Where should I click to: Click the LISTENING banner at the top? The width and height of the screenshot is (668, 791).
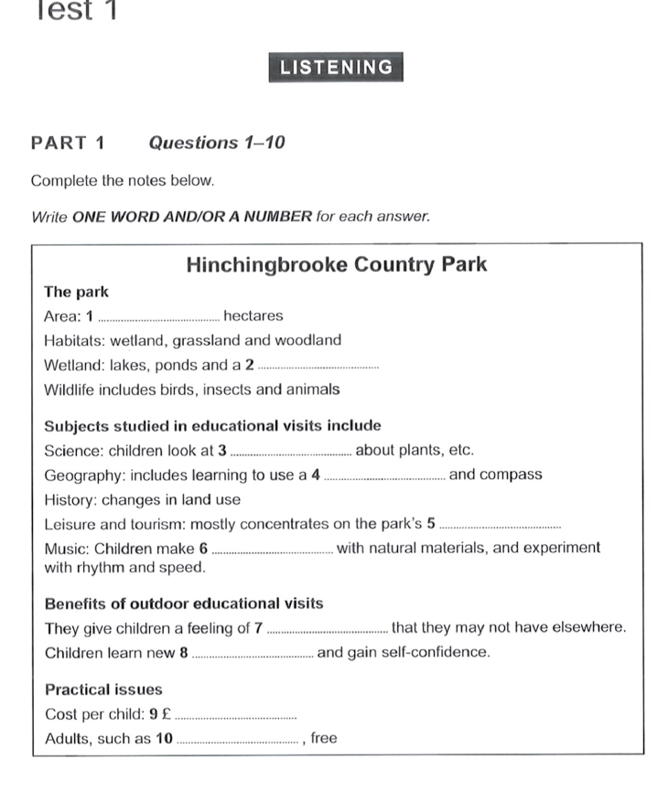coord(336,68)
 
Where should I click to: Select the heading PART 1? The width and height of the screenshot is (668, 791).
coord(68,143)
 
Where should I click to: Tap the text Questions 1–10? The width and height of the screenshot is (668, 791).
coord(217,143)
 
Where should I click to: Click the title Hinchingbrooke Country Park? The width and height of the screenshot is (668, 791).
coord(336,265)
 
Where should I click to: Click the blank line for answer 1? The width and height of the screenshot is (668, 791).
coord(157,318)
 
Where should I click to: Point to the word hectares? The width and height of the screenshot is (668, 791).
coord(253,316)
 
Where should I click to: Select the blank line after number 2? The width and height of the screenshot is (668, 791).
coord(318,367)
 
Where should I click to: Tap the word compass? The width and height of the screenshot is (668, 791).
coord(510,475)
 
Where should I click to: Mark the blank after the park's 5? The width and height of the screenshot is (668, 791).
coord(500,526)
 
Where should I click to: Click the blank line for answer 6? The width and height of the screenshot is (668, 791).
coord(272,550)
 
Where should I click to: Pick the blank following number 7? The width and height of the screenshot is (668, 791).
coord(329,630)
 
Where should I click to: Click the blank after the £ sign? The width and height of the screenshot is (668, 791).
coord(236,717)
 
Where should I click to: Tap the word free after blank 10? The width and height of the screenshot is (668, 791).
coord(324,739)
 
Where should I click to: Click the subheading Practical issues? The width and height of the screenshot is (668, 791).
coord(103,689)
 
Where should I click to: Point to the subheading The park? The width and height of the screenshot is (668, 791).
coord(76,293)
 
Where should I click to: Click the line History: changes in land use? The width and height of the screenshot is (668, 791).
coord(142,499)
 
